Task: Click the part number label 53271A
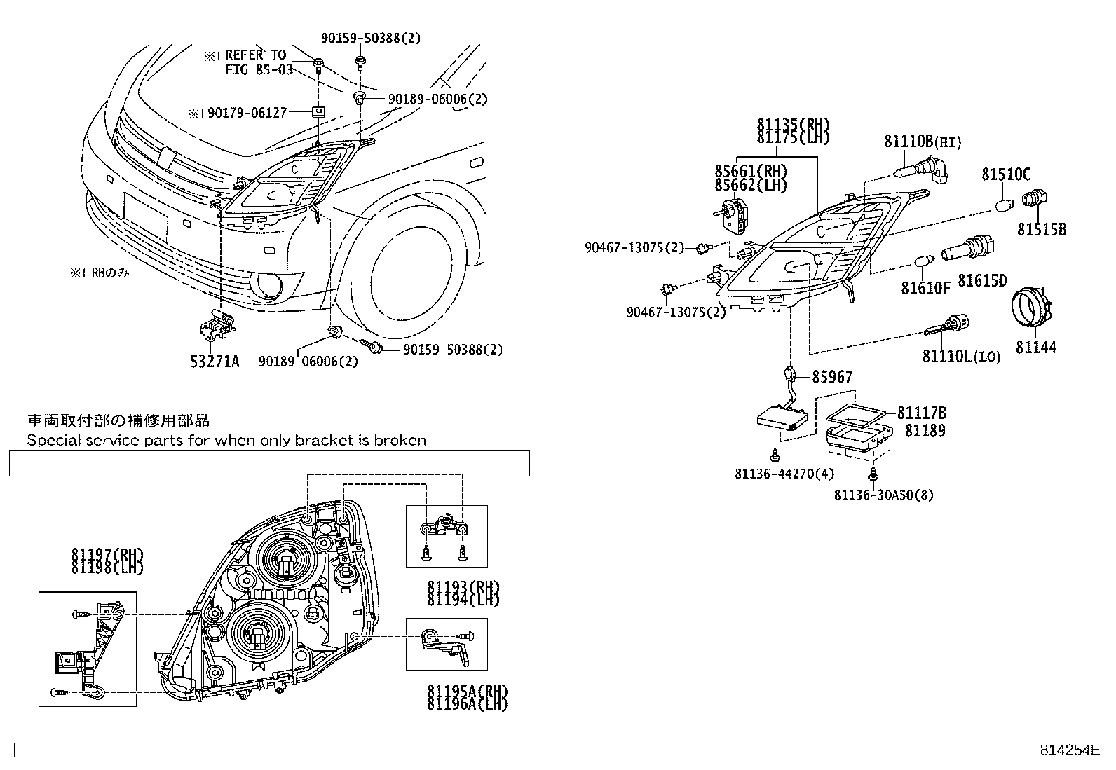point(215,362)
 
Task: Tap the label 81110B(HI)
point(922,142)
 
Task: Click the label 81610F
point(925,288)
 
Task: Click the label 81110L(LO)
point(961,357)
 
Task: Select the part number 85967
point(832,378)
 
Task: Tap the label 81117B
point(921,413)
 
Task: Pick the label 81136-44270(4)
point(784,474)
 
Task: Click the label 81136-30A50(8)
point(883,495)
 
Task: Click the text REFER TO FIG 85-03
point(256,62)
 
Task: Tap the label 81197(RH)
point(107,555)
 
